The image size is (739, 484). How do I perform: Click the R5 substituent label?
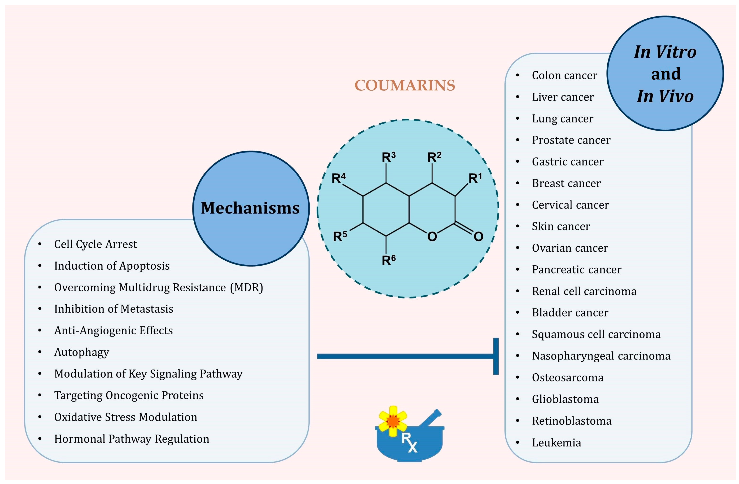[340, 236]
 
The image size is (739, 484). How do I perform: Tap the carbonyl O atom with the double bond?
[478, 236]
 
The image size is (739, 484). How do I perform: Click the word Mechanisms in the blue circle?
[250, 208]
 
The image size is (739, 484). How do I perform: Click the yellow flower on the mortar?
[393, 421]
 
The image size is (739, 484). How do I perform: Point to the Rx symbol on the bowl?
[409, 442]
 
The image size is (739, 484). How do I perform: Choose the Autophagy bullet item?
[82, 352]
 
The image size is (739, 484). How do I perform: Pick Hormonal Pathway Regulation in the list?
[132, 439]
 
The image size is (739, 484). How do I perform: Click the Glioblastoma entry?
[565, 399]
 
